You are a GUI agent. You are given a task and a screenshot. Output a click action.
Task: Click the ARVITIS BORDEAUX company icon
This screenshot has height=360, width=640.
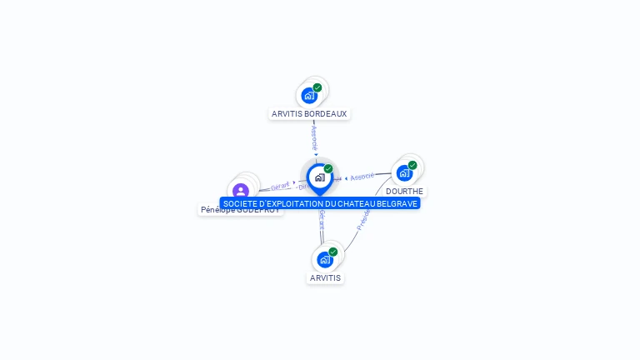[x=309, y=95]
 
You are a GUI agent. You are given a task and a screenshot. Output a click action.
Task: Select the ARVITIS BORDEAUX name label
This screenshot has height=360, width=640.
[x=309, y=113]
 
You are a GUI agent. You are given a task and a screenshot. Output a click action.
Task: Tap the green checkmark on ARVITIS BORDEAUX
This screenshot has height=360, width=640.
[x=317, y=87]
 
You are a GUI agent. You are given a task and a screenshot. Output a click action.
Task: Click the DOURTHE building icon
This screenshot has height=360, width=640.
[x=404, y=173]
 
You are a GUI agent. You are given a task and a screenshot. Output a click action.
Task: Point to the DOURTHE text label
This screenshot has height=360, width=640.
[x=404, y=192]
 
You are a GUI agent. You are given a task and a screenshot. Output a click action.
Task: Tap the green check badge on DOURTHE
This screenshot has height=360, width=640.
[x=412, y=165]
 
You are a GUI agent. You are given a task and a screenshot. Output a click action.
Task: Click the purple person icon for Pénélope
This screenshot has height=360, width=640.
[x=241, y=192]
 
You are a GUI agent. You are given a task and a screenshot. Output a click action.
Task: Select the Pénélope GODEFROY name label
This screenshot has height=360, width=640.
[x=240, y=210]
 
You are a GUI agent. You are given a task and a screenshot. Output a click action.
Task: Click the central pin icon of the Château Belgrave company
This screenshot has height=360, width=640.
[x=319, y=177]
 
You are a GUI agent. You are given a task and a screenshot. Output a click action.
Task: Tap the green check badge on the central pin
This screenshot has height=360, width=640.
[x=328, y=168]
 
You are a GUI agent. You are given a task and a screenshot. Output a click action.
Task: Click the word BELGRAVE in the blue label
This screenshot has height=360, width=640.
[x=398, y=203]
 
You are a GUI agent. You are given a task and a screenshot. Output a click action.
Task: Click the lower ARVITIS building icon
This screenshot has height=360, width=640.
[x=325, y=259]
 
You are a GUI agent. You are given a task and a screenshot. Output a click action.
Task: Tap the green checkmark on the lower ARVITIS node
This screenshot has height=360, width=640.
[x=333, y=252]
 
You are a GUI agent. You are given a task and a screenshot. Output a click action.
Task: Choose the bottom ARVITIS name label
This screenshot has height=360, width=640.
[x=325, y=277]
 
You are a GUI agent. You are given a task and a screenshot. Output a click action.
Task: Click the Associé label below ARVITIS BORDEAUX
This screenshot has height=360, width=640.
[x=314, y=137]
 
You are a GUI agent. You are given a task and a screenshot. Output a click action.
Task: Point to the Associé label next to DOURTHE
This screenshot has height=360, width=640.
[x=362, y=177]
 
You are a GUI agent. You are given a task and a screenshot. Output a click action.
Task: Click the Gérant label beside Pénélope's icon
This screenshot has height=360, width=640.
[x=281, y=186]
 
